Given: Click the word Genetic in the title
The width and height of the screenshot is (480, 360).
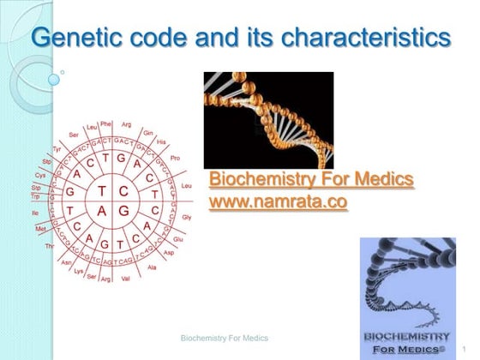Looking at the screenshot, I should [74, 39].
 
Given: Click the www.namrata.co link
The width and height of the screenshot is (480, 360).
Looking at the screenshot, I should [279, 201].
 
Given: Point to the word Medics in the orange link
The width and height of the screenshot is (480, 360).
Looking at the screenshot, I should [381, 180].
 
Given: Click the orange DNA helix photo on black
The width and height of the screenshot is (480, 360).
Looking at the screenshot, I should [267, 119].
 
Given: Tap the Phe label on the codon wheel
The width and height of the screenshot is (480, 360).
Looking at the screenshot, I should [106, 123].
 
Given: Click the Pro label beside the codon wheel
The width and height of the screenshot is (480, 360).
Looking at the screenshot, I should [176, 159].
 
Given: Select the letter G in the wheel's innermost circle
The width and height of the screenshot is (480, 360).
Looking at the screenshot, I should [123, 210].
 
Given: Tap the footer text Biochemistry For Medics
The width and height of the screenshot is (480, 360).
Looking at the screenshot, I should [225, 339].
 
